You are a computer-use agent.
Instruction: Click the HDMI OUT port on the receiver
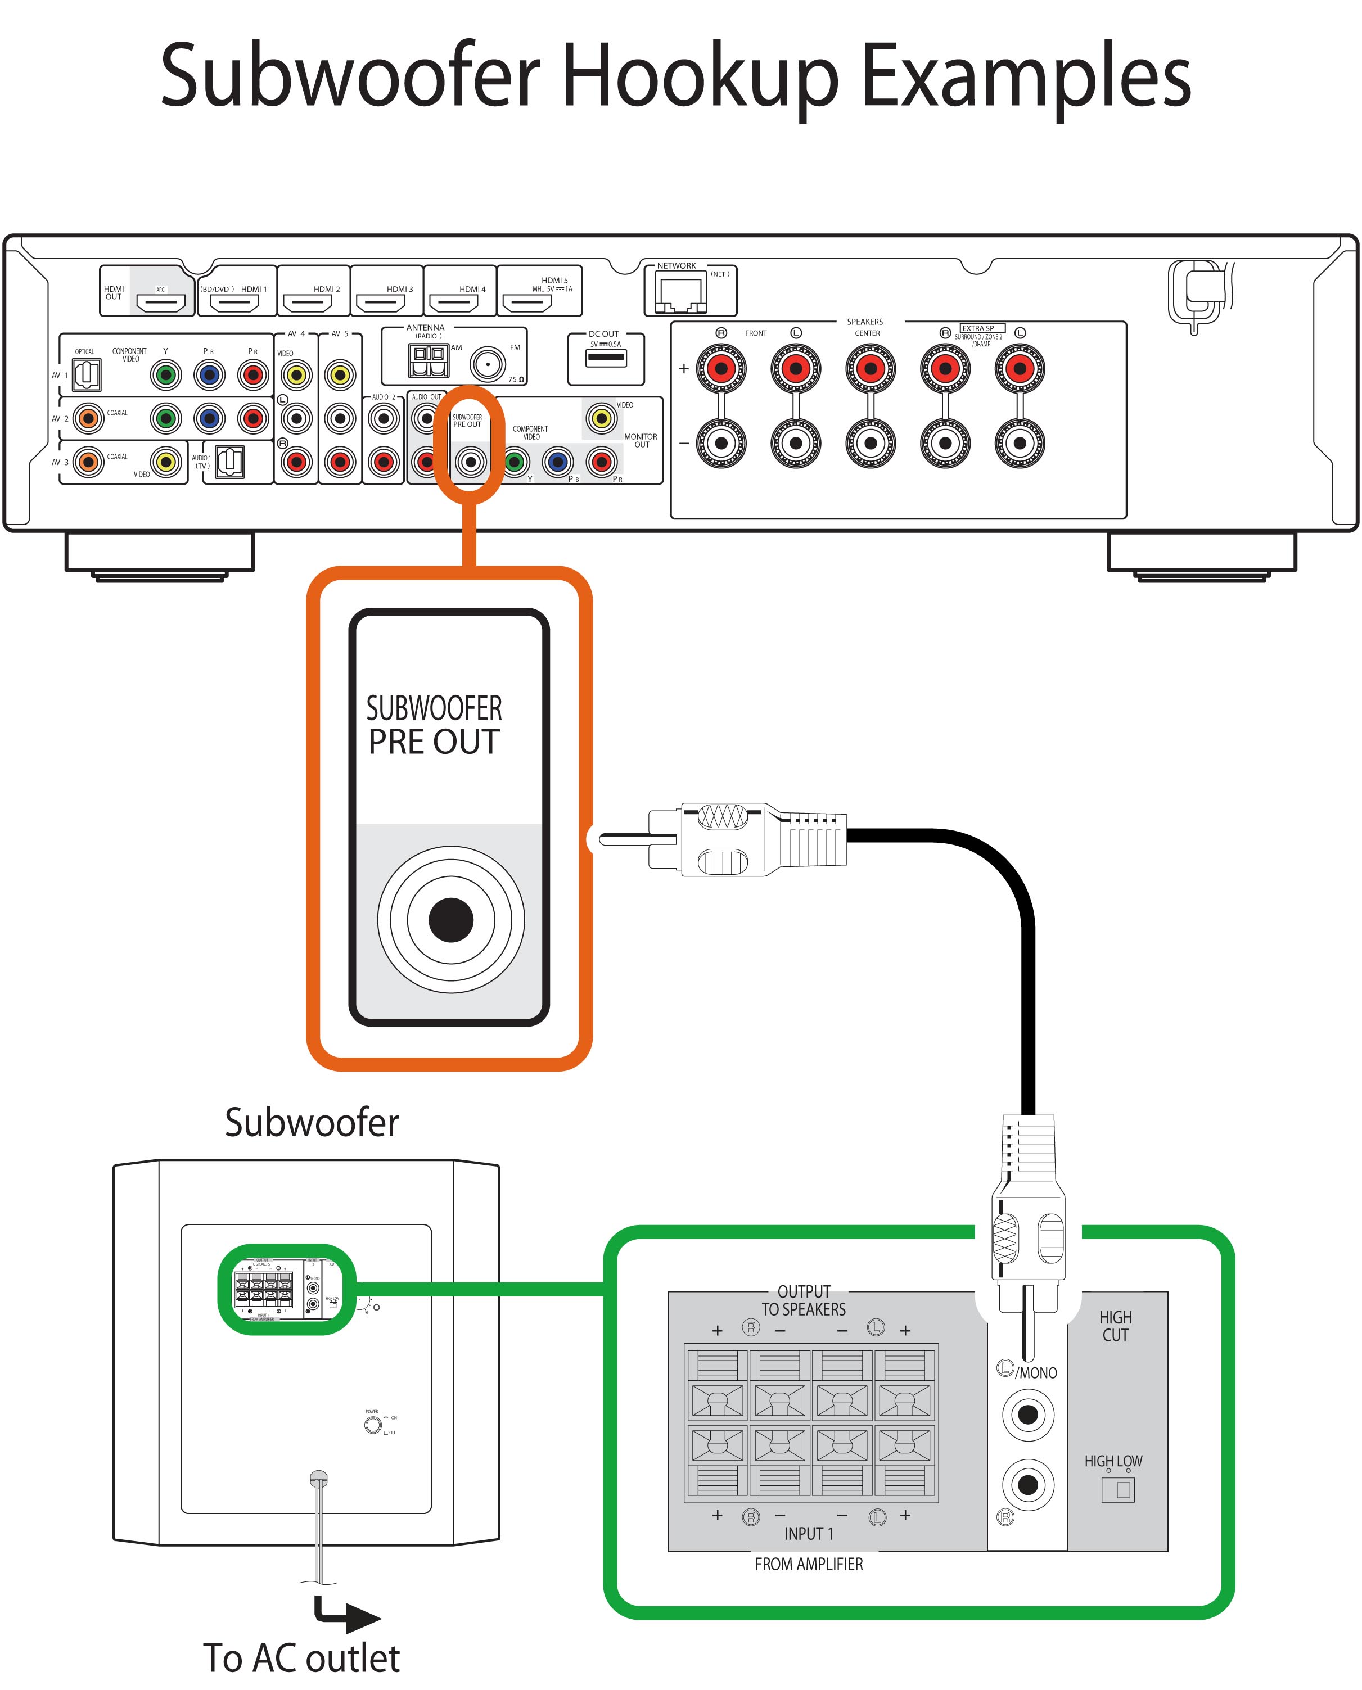160,301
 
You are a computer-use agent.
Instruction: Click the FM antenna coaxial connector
487,364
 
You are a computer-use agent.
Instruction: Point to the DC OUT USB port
606,358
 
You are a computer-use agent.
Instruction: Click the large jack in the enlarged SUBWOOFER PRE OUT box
450,919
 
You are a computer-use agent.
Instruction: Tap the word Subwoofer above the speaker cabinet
312,1123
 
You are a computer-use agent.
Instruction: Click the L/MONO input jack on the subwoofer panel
1027,1415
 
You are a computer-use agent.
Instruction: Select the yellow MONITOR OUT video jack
601,419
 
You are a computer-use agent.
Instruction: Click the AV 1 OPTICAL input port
86,375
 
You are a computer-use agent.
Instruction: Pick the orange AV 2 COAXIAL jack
89,419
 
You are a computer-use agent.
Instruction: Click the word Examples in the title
1026,77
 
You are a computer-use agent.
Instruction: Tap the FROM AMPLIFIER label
808,1564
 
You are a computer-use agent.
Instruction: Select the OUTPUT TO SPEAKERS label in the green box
804,1300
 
